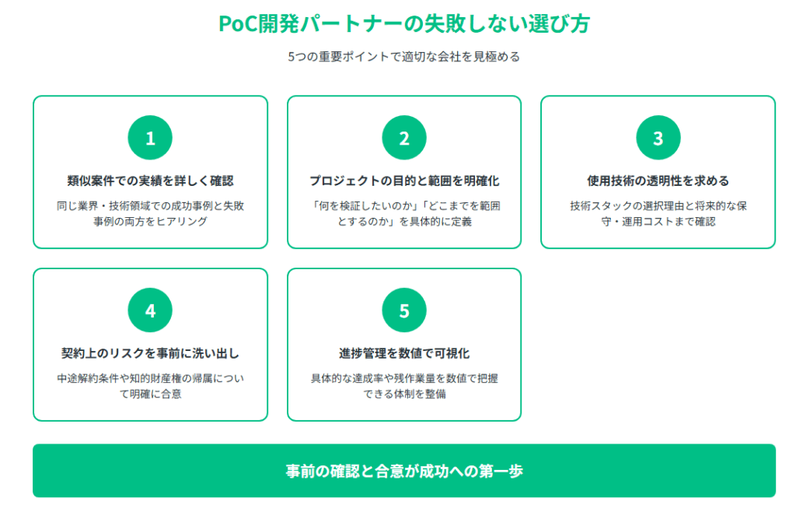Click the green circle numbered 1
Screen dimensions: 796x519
pyautogui.click(x=150, y=138)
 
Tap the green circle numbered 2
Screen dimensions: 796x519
pyautogui.click(x=404, y=138)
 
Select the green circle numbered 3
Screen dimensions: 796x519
pyautogui.click(x=658, y=138)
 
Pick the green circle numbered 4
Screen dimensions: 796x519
pyautogui.click(x=150, y=310)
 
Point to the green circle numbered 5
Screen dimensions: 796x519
pyautogui.click(x=404, y=310)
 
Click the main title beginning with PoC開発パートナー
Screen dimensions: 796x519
pyautogui.click(x=404, y=24)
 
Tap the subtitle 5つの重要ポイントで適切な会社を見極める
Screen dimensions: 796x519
pyautogui.click(x=404, y=57)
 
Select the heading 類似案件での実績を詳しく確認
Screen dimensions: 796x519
pyautogui.click(x=150, y=181)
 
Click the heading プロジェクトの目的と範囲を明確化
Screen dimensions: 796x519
pyautogui.click(x=404, y=181)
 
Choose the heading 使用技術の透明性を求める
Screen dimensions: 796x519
pyautogui.click(x=658, y=181)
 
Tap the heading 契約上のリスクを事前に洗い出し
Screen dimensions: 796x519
pyautogui.click(x=150, y=353)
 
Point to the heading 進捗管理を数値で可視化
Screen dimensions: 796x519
pyautogui.click(x=404, y=353)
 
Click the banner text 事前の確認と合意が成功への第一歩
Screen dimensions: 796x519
pyautogui.click(x=404, y=472)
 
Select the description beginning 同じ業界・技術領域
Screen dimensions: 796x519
pyautogui.click(x=150, y=213)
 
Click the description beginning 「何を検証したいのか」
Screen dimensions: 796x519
pyautogui.click(x=404, y=213)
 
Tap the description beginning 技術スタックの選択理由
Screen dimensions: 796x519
pyautogui.click(x=658, y=213)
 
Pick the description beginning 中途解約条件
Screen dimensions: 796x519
pyautogui.click(x=150, y=386)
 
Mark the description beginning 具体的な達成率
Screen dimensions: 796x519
pyautogui.click(x=404, y=386)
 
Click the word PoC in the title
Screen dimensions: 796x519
pyautogui.click(x=238, y=24)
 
